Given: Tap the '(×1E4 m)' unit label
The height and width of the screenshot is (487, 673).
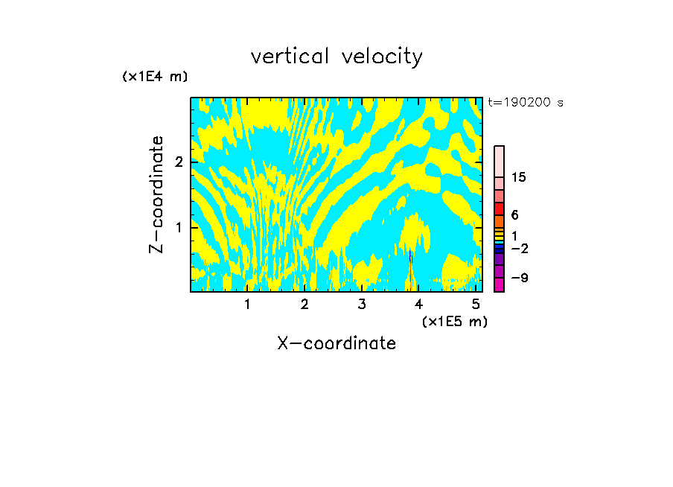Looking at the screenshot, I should click(x=155, y=77).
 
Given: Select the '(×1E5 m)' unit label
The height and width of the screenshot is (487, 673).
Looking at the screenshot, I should click(x=454, y=321).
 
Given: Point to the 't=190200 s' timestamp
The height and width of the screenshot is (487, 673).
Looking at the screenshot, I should click(x=526, y=103).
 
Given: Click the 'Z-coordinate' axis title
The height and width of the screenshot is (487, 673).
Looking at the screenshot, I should click(x=156, y=194).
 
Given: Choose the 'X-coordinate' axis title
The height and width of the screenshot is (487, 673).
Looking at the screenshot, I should click(x=336, y=343).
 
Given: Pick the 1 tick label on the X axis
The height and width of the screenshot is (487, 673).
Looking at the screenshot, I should click(x=247, y=305).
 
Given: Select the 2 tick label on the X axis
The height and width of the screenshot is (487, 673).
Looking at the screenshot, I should click(x=304, y=305).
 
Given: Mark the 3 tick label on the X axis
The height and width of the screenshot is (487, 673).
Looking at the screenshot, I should click(x=361, y=305).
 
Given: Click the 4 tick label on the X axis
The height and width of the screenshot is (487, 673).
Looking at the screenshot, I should click(x=418, y=305).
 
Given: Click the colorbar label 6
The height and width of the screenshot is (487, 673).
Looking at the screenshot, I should click(x=514, y=215).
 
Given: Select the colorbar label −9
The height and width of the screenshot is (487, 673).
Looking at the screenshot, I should click(x=520, y=278).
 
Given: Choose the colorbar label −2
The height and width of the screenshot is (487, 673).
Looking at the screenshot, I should click(x=520, y=248).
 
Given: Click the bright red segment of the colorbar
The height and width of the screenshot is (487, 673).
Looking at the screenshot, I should click(x=499, y=209).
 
